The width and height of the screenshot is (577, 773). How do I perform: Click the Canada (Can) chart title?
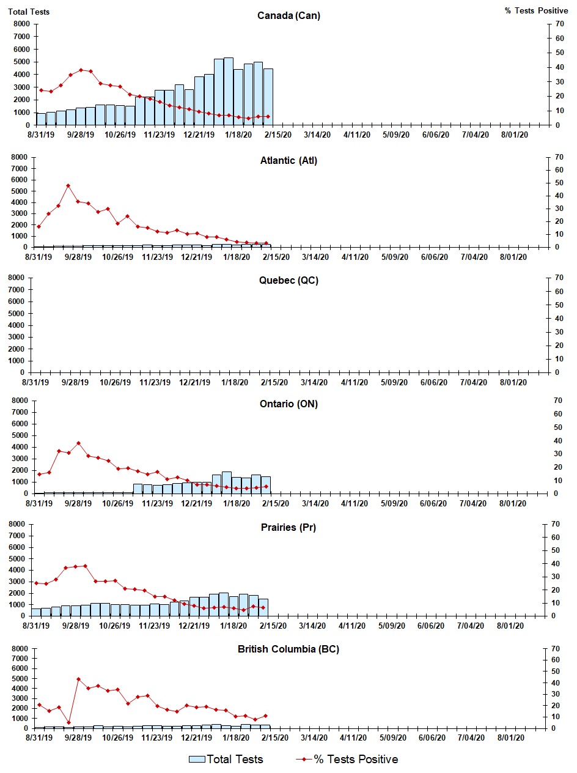288,16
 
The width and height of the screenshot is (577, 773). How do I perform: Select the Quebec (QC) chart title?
288,281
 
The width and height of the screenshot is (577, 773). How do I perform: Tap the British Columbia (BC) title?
288,649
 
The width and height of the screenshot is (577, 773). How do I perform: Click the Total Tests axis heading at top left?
29,12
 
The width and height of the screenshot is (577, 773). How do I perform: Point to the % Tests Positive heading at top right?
536,12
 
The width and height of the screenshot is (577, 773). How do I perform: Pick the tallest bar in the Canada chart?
229,92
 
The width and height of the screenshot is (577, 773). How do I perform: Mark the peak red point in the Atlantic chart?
68,185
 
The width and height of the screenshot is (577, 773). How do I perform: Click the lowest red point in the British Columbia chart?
68,722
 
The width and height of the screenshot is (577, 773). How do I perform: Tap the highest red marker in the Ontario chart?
78,443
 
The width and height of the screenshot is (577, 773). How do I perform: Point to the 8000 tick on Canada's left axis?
21,24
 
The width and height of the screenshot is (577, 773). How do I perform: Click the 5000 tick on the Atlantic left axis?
21,191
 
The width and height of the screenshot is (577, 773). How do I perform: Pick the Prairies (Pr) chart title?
288,527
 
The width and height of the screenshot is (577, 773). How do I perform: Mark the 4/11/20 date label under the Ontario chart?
354,503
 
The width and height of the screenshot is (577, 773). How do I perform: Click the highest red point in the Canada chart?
81,70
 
